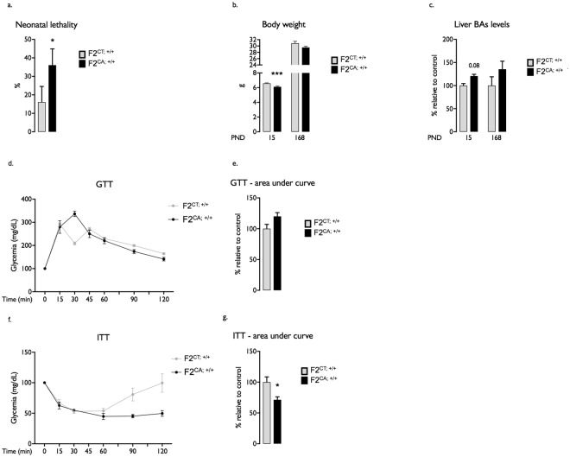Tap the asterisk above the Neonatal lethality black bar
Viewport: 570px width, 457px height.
tap(53, 41)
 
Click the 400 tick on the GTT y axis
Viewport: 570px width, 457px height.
tap(26, 200)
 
